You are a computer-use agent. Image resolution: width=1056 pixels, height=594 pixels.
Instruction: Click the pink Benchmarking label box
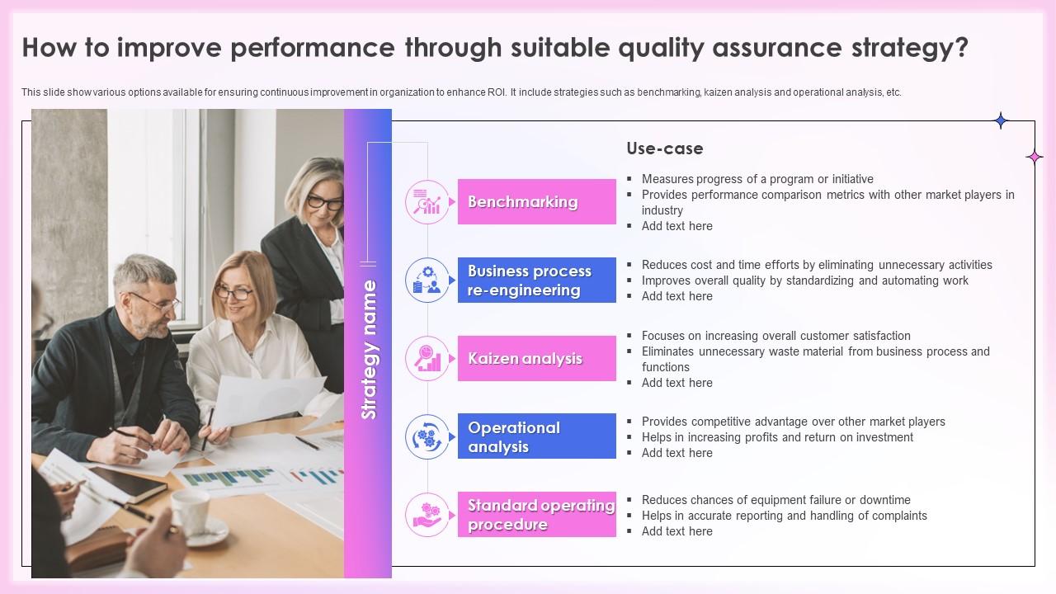[537, 202]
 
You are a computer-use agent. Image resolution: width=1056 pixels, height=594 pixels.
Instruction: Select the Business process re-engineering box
[537, 280]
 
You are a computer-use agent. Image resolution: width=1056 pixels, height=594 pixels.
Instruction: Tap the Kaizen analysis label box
[537, 359]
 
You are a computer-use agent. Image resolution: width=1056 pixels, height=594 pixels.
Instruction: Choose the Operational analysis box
[537, 436]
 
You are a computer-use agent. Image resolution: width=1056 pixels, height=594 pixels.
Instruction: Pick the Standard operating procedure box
[537, 515]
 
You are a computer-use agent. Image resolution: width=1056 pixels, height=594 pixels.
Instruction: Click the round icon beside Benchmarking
[427, 202]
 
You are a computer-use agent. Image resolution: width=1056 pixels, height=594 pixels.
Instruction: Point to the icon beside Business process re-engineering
[427, 280]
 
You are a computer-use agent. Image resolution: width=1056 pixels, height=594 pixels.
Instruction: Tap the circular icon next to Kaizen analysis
[427, 359]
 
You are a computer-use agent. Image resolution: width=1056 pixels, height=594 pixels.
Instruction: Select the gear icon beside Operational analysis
[427, 436]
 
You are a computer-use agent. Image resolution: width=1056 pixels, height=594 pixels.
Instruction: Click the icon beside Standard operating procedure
[427, 515]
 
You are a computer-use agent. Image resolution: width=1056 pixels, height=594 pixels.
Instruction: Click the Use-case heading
[664, 149]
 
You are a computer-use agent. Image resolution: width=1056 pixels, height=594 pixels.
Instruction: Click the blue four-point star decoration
[1001, 121]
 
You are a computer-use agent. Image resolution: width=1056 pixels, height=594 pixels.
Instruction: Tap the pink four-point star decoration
[1034, 157]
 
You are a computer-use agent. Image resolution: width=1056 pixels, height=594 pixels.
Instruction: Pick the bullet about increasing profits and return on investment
[777, 437]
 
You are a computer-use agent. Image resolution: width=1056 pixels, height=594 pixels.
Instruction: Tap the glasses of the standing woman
[324, 201]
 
